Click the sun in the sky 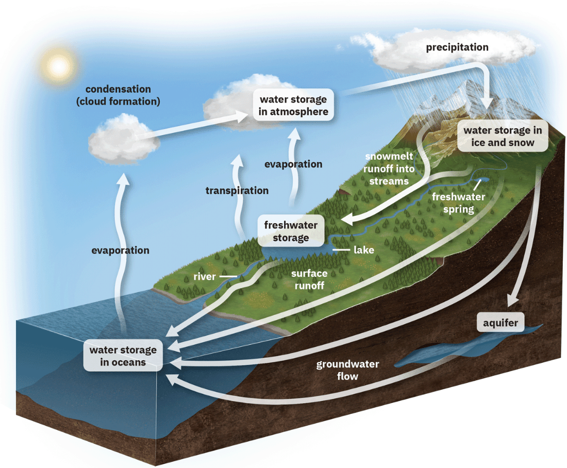[58, 65]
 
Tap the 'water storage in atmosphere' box [293, 106]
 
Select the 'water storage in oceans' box [123, 356]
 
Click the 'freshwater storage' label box [291, 231]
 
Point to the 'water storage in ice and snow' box [503, 137]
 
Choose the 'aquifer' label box [501, 323]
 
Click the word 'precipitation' [457, 47]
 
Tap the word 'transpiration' [237, 191]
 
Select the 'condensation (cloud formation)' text [118, 95]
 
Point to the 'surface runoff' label [309, 279]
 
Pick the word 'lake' [363, 250]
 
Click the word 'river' [205, 277]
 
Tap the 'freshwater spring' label [458, 203]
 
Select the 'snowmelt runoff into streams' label [389, 169]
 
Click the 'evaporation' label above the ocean [120, 250]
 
